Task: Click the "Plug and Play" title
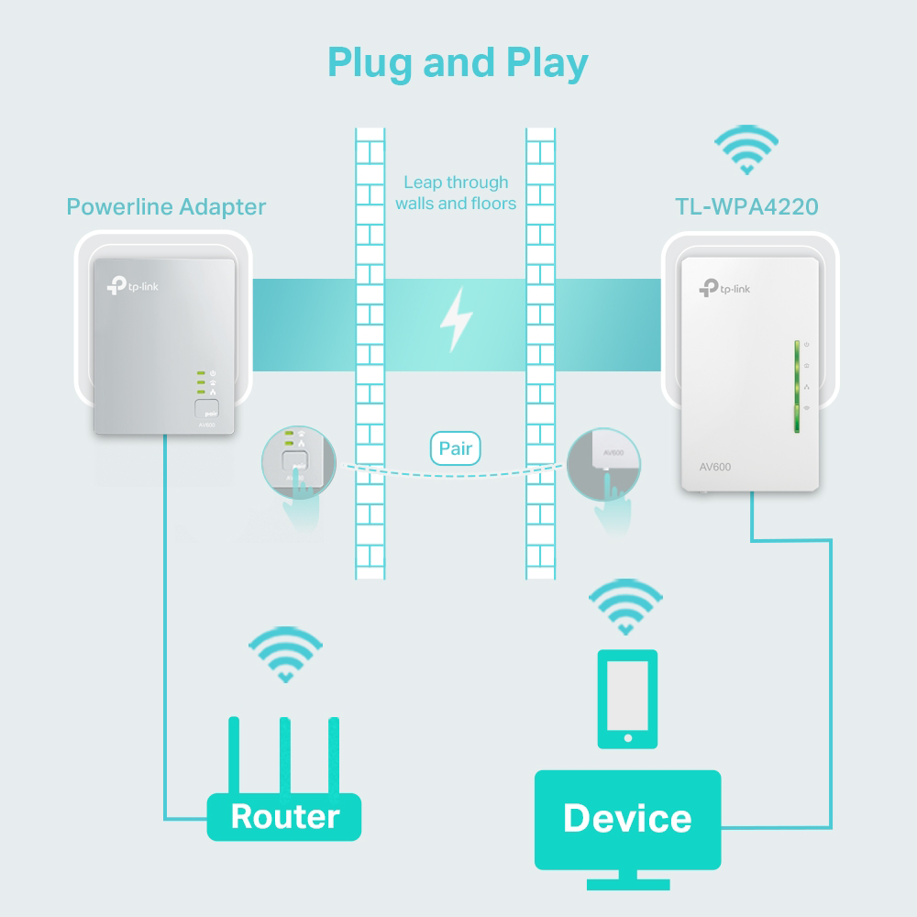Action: pyautogui.click(x=458, y=62)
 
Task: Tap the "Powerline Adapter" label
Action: pyautogui.click(x=166, y=206)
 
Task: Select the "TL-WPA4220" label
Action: pyautogui.click(x=746, y=206)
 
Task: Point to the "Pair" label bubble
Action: pyautogui.click(x=456, y=448)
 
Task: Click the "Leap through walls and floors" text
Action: pyautogui.click(x=456, y=193)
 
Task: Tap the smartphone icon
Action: pyautogui.click(x=627, y=700)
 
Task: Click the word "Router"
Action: pyautogui.click(x=284, y=815)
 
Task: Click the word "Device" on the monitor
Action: pyautogui.click(x=627, y=818)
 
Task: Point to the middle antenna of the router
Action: pyautogui.click(x=285, y=756)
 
